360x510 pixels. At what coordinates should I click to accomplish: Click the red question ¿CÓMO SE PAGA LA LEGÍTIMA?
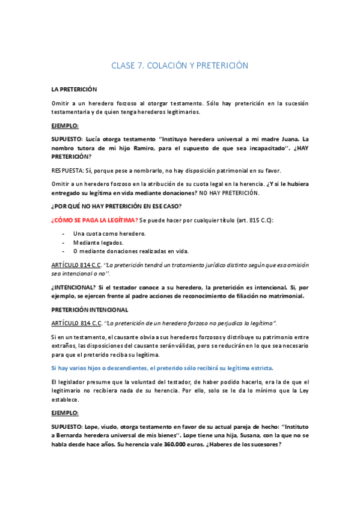[x=94, y=220]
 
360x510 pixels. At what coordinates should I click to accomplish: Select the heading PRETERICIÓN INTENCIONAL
[x=90, y=310]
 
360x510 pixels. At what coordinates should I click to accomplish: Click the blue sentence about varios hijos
[x=162, y=367]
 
